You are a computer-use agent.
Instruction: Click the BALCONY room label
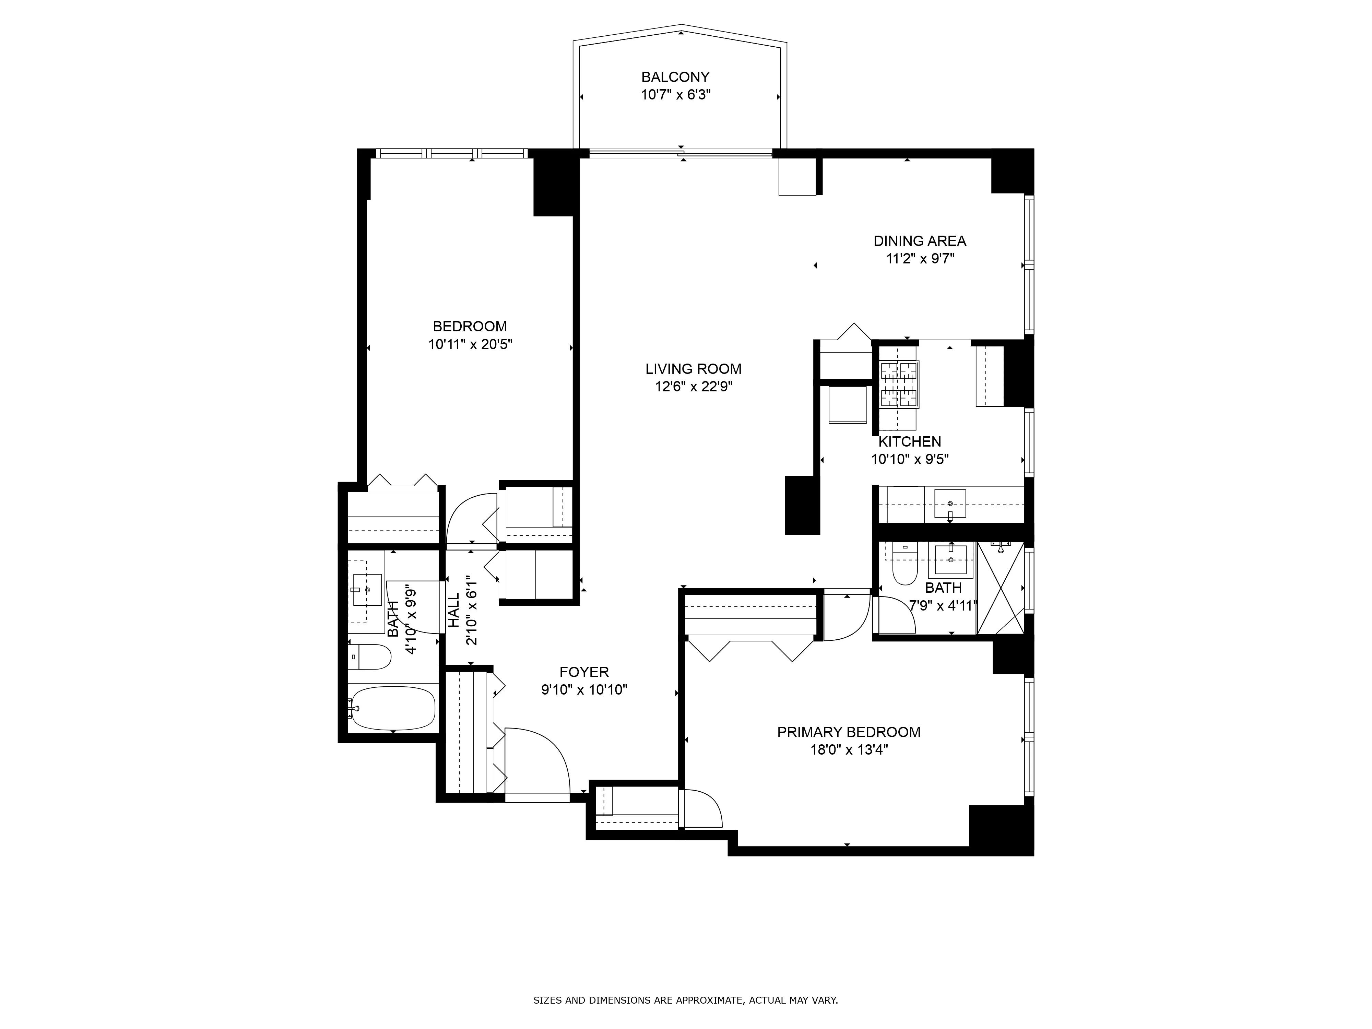pyautogui.click(x=675, y=77)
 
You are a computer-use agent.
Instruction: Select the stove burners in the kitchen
pyautogui.click(x=899, y=385)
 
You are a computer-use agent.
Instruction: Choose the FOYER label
pyautogui.click(x=584, y=672)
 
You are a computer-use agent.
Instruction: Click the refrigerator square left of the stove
pyautogui.click(x=848, y=404)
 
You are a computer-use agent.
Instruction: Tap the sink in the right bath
pyautogui.click(x=950, y=561)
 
